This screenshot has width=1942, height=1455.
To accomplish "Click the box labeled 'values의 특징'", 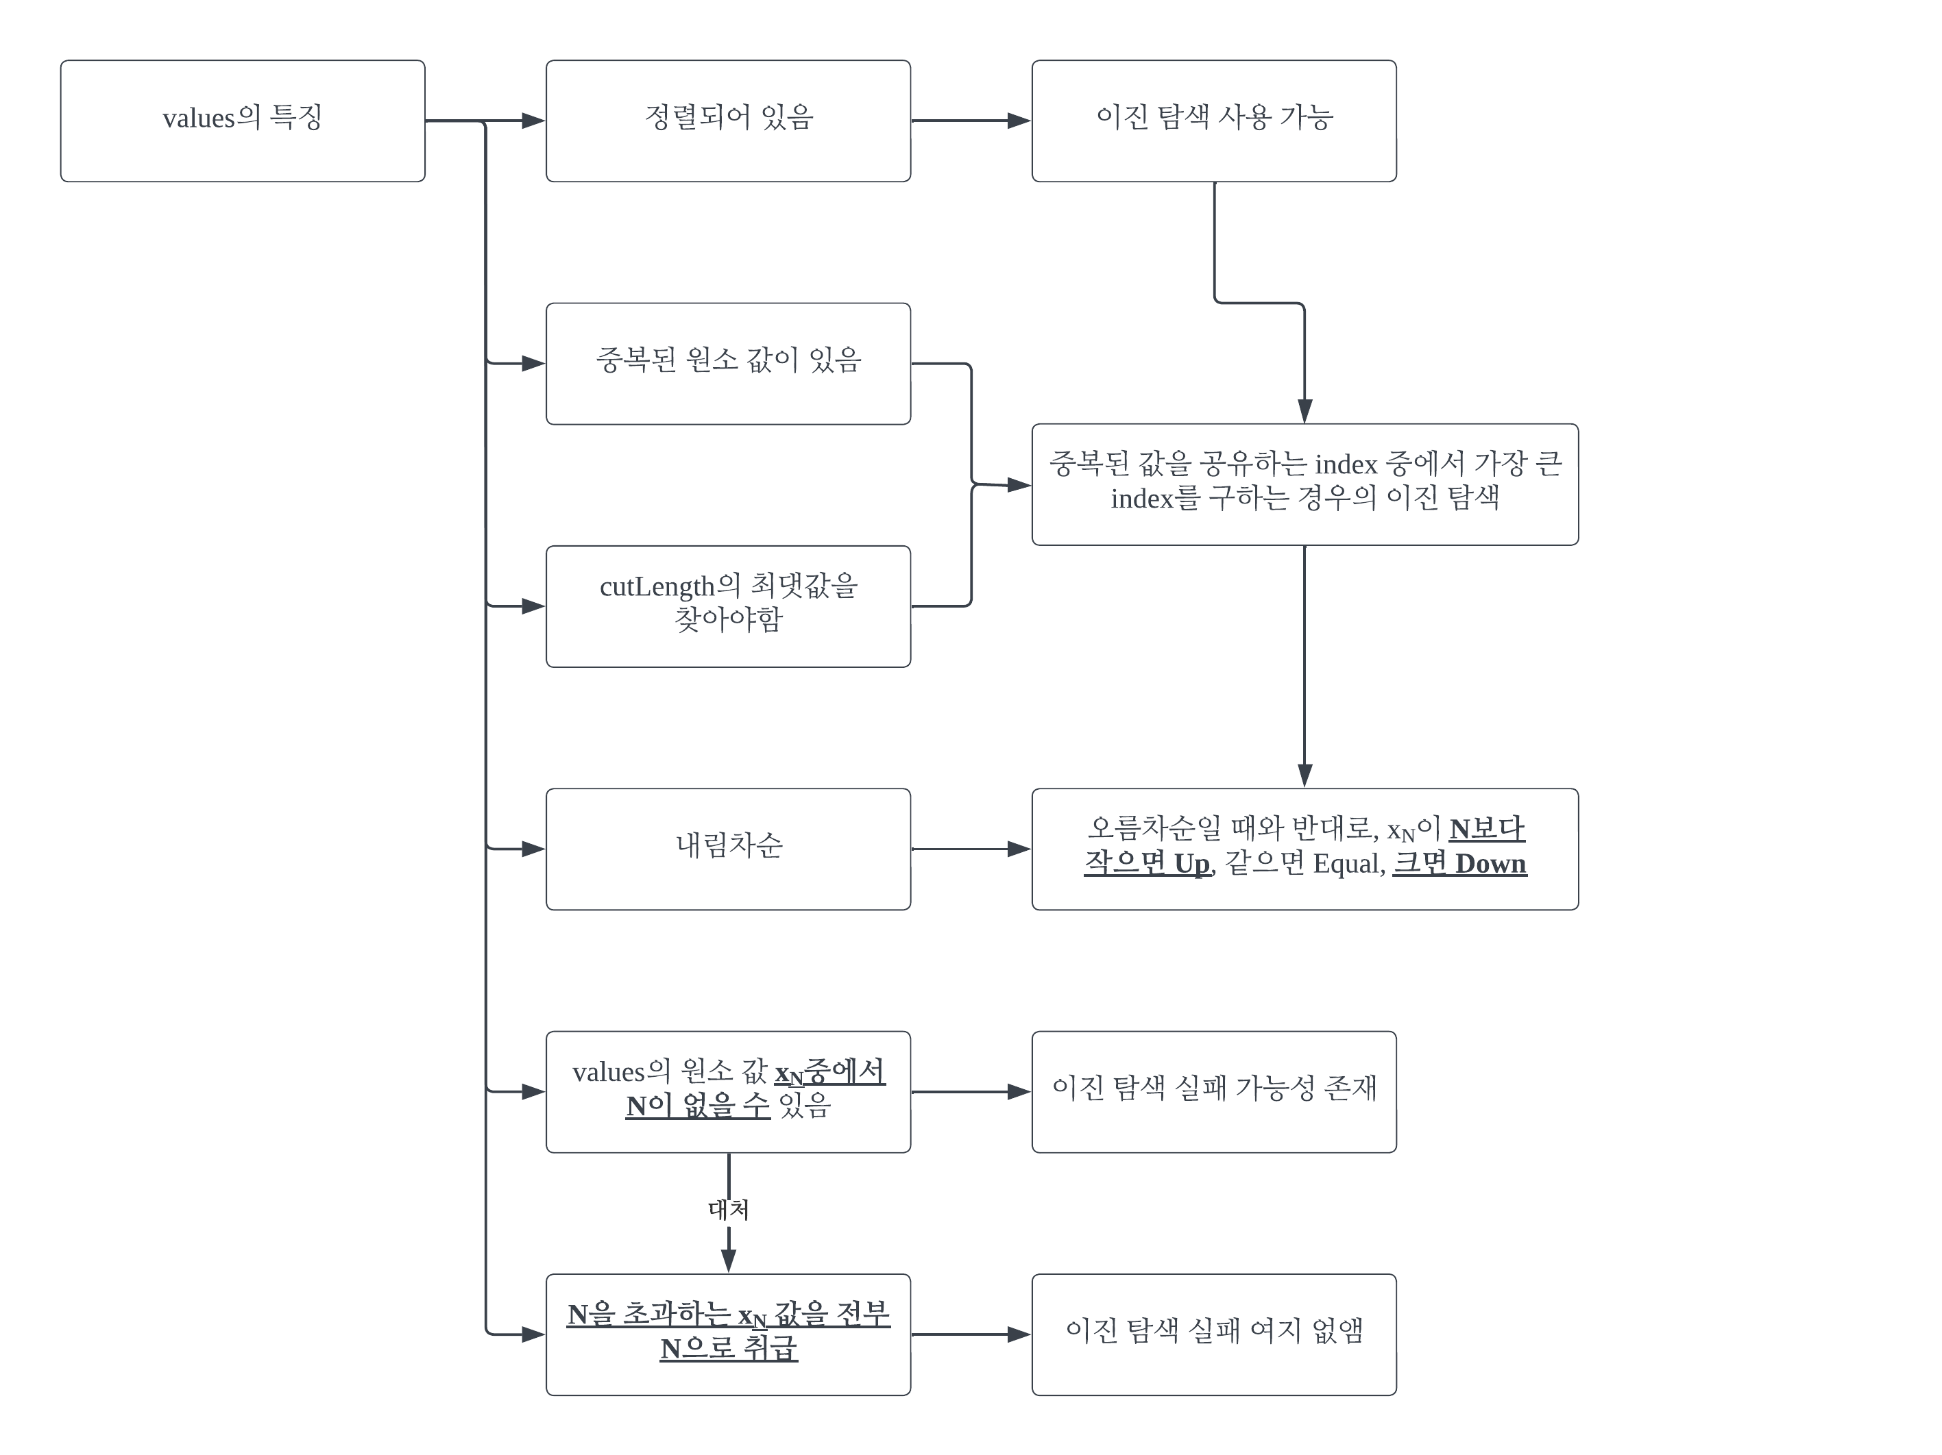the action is (x=242, y=121).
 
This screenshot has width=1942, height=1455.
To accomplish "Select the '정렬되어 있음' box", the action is (x=728, y=121).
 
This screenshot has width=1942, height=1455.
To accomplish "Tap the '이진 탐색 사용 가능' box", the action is (x=1213, y=121).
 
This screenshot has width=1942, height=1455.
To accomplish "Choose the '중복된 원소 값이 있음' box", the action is (x=728, y=363).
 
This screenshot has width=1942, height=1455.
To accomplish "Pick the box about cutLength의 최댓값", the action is (x=728, y=606).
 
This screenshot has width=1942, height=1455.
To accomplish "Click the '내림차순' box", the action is (x=728, y=849).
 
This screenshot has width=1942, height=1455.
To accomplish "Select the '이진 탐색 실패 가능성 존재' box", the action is (x=1213, y=1092).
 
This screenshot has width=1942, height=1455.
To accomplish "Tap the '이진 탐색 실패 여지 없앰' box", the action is (x=1213, y=1334).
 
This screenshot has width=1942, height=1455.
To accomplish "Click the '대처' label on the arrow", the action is (x=728, y=1209).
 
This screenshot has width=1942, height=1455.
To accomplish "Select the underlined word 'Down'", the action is (x=1491, y=865).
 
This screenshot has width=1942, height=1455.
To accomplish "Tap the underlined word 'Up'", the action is (x=1191, y=865).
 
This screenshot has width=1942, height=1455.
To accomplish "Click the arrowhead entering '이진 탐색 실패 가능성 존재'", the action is (x=1019, y=1092).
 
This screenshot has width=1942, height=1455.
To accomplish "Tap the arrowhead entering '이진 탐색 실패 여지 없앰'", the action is (x=1019, y=1334).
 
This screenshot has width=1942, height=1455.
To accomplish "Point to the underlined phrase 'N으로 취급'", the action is (x=728, y=1349).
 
